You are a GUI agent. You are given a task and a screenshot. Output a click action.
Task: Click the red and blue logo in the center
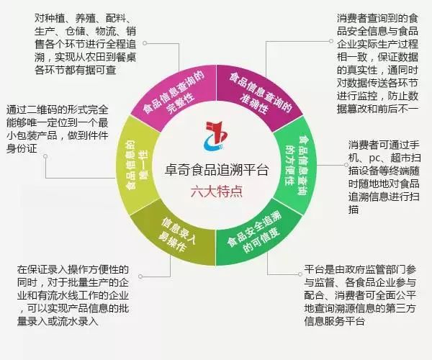click(216, 136)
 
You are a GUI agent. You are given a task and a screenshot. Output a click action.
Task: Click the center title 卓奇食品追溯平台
click(216, 170)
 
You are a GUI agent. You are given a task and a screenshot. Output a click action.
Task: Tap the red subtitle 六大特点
click(216, 191)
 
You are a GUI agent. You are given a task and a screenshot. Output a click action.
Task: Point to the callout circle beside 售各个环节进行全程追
click(145, 43)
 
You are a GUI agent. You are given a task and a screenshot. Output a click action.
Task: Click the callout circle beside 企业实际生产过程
click(331, 41)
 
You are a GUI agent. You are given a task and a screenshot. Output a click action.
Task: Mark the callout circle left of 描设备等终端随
click(346, 165)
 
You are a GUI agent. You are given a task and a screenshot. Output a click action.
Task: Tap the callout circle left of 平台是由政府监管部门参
click(300, 274)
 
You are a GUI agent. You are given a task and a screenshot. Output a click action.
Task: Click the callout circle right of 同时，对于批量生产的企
click(140, 276)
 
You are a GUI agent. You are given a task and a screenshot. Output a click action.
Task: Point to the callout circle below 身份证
click(45, 156)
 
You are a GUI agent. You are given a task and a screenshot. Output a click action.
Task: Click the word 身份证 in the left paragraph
click(22, 148)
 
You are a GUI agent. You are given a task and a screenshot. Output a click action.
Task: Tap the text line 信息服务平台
click(335, 321)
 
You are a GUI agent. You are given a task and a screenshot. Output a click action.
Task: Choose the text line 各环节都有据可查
click(75, 70)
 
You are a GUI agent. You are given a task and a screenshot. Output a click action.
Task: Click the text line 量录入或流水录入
click(58, 321)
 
